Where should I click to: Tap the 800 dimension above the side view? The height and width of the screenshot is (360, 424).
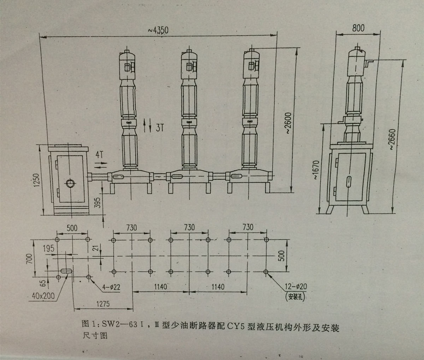[358, 28]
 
